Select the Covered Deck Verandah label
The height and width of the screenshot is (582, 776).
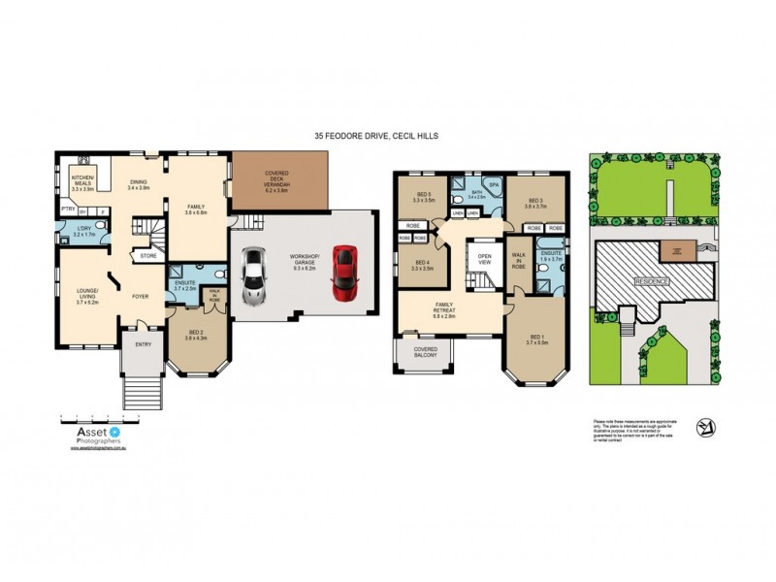(x=279, y=181)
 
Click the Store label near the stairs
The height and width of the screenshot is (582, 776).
(x=147, y=256)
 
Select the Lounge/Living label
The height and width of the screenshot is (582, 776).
(x=80, y=292)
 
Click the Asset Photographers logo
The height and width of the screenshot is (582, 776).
(x=92, y=432)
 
